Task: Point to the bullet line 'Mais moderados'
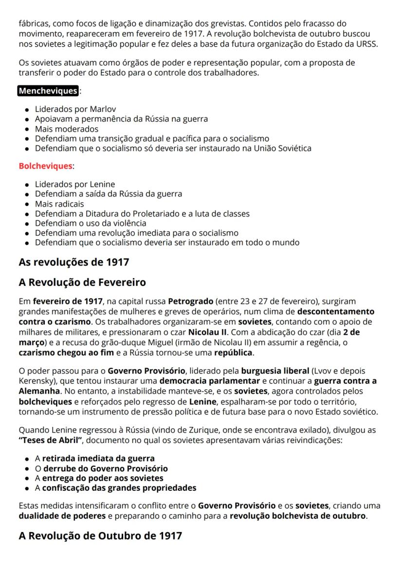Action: (x=66, y=129)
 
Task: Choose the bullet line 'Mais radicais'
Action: (x=59, y=204)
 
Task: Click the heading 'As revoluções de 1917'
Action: (x=73, y=262)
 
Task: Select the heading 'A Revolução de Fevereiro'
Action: (x=82, y=282)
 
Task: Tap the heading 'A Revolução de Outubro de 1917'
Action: (x=100, y=536)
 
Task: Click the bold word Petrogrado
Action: (x=190, y=302)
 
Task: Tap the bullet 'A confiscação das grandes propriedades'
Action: (x=115, y=487)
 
